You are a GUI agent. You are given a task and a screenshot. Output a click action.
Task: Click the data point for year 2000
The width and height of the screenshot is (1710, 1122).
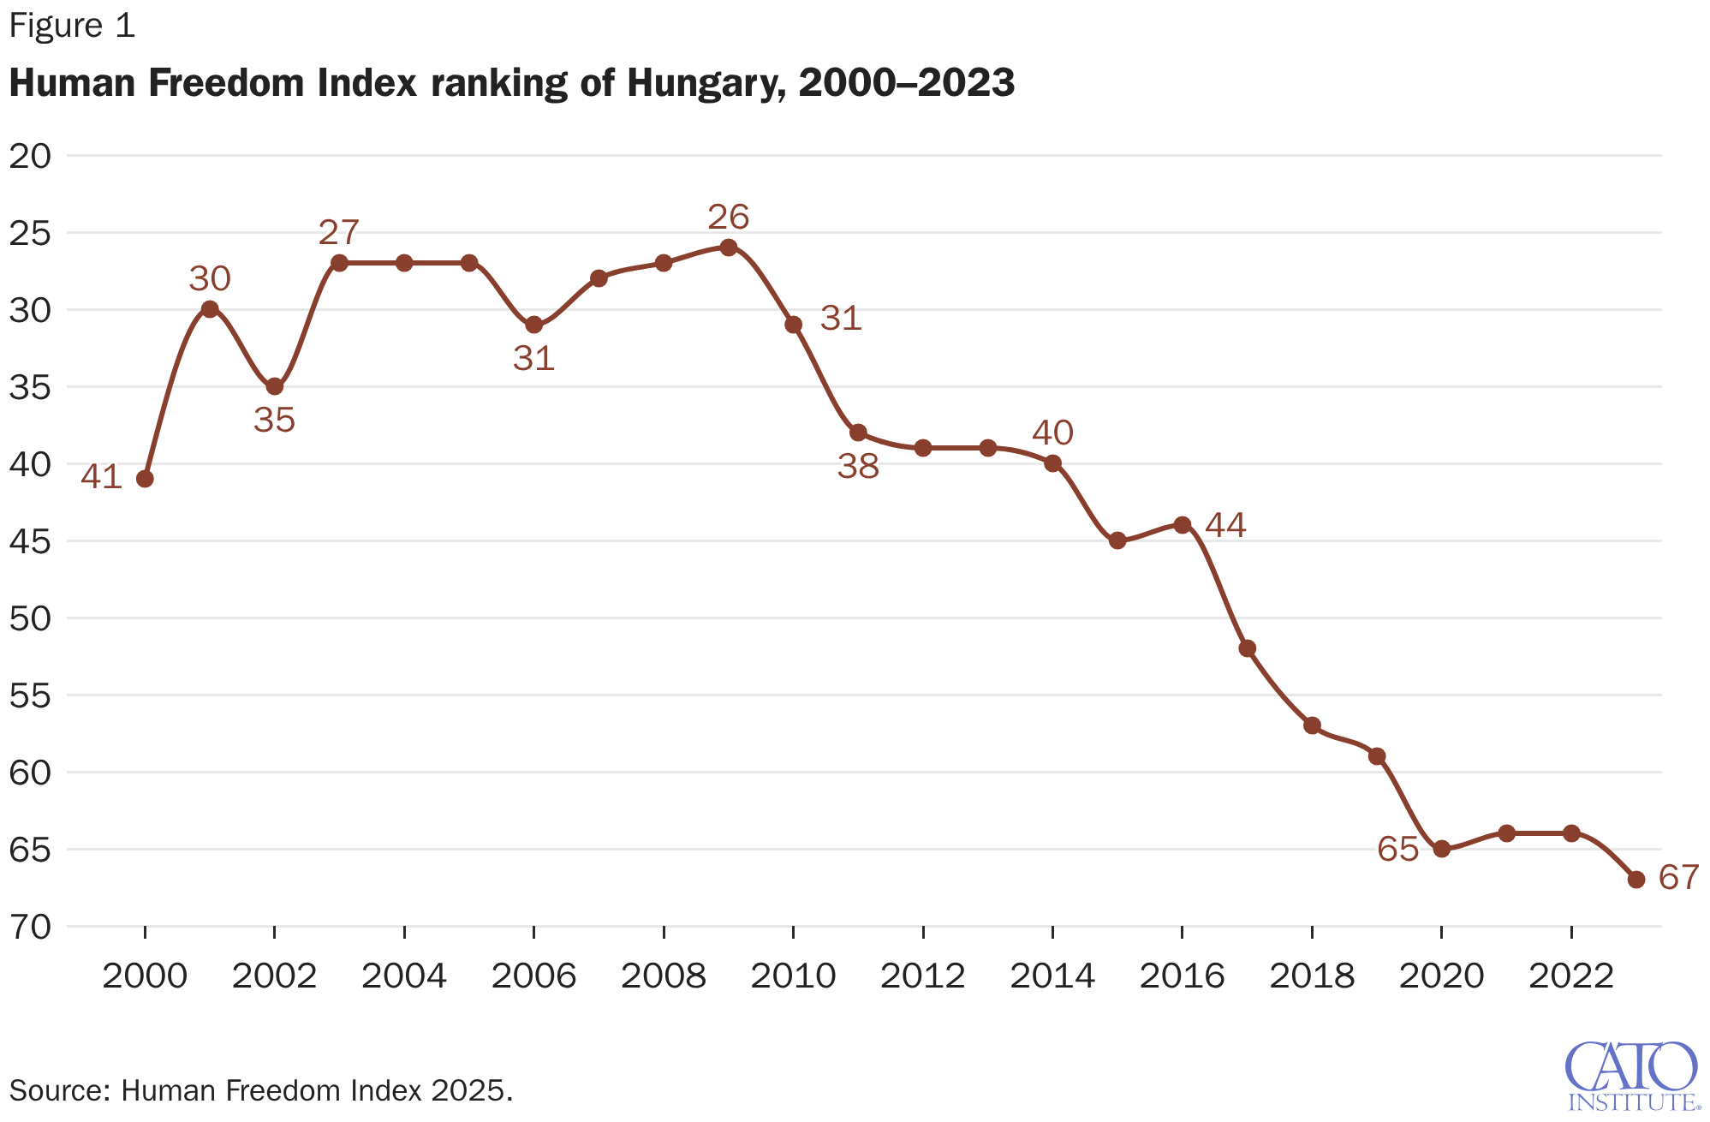[145, 479]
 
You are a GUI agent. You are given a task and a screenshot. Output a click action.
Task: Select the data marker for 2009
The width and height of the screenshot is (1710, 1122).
[729, 248]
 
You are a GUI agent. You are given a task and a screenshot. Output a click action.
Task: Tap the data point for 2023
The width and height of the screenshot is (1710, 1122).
[1636, 880]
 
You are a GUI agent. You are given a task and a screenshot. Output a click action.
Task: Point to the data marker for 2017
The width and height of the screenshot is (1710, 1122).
[1248, 648]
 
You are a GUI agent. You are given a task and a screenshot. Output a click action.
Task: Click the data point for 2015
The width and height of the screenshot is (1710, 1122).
[1117, 540]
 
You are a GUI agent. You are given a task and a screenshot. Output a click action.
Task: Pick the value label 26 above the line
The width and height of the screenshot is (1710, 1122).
[729, 218]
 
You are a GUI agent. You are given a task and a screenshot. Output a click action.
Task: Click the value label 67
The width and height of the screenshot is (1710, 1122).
[1678, 878]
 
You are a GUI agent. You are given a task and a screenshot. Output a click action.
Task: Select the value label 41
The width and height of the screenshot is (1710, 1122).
[101, 477]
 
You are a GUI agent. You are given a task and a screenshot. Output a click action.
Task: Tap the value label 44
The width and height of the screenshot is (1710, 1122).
[1225, 525]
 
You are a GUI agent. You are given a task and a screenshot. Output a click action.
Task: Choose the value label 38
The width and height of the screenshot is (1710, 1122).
[858, 467]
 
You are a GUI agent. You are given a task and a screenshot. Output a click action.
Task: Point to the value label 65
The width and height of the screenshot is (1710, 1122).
[1397, 849]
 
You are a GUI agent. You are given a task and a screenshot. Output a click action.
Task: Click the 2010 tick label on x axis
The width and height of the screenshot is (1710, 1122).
[793, 976]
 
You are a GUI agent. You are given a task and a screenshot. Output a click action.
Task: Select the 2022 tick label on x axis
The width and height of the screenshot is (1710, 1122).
[1571, 976]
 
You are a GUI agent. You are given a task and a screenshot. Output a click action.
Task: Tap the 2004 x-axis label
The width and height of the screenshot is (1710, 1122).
[404, 976]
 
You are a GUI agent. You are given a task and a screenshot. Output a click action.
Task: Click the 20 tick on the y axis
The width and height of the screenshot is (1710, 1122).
[31, 156]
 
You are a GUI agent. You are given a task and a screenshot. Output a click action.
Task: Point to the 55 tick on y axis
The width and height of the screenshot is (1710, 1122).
[31, 695]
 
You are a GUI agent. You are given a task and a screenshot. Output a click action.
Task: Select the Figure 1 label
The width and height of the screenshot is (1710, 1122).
[72, 27]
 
